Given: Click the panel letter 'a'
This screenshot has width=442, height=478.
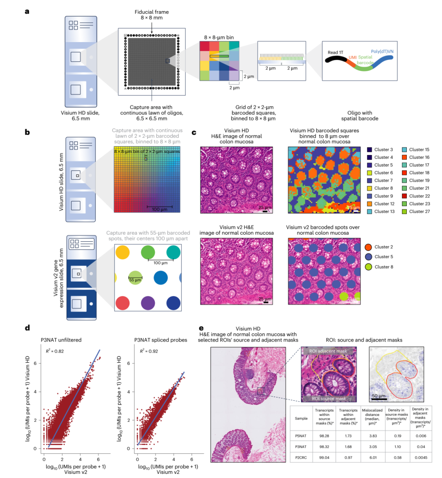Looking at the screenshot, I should point(27,11).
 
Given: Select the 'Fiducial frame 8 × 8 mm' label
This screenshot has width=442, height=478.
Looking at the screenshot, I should point(152,15).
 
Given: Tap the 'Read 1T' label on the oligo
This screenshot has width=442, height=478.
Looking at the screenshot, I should point(335,52).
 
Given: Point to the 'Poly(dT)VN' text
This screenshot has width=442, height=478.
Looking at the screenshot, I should point(382,52).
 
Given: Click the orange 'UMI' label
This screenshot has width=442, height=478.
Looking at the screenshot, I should point(352,58).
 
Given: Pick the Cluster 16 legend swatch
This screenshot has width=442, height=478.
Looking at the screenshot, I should point(404,157).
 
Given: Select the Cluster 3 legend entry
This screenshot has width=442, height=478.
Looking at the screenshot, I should point(383,150).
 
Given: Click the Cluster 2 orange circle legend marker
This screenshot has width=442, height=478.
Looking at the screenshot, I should point(368,247).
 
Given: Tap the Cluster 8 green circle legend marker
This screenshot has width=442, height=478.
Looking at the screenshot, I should point(368,267).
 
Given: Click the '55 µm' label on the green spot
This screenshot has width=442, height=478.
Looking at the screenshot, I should point(135,280).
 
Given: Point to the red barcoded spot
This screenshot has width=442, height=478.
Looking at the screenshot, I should point(123,303).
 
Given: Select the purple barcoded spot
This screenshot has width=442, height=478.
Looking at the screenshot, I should point(148,303).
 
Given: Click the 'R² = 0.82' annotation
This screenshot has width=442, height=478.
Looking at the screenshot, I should point(54,351).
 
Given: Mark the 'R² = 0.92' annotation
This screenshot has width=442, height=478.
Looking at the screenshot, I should point(149,351).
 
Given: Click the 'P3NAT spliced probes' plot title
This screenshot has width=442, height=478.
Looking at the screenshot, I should point(160,340).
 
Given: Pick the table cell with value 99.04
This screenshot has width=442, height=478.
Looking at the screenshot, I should point(324,457).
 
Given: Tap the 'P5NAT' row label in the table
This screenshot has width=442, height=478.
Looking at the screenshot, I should point(301,436).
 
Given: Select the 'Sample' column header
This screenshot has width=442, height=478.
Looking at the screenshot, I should point(301,418).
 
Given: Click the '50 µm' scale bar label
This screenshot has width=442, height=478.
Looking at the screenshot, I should point(379,396).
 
